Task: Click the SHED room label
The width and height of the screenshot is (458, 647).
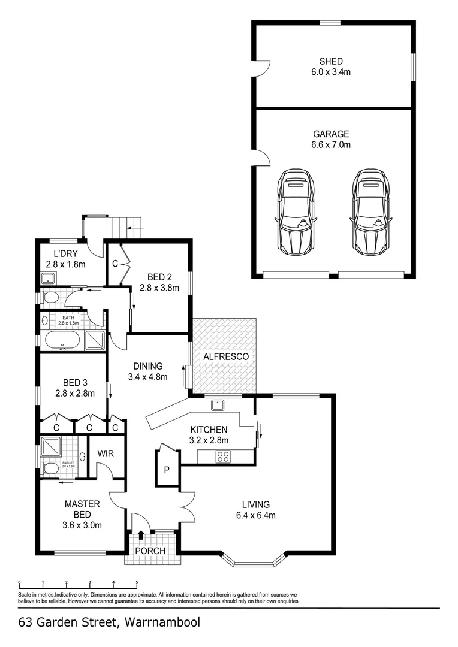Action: pyautogui.click(x=331, y=61)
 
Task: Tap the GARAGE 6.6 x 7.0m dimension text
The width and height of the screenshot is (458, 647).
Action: pyautogui.click(x=331, y=145)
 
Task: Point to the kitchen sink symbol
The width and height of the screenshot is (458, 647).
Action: pyautogui.click(x=217, y=405)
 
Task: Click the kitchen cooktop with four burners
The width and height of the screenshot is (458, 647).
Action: pyautogui.click(x=224, y=456)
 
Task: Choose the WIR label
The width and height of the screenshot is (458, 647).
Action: pyautogui.click(x=106, y=454)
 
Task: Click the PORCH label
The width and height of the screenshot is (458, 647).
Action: pyautogui.click(x=150, y=551)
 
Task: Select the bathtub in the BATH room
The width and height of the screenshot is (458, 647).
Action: pyautogui.click(x=62, y=341)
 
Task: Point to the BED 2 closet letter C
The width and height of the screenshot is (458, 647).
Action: pyautogui.click(x=115, y=262)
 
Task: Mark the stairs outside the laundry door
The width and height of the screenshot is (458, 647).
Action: pyautogui.click(x=126, y=227)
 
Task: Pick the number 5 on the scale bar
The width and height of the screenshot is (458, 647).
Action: pyautogui.click(x=137, y=582)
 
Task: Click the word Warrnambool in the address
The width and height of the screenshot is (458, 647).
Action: pyautogui.click(x=164, y=622)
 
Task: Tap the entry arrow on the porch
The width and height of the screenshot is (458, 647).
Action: pyautogui.click(x=141, y=535)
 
